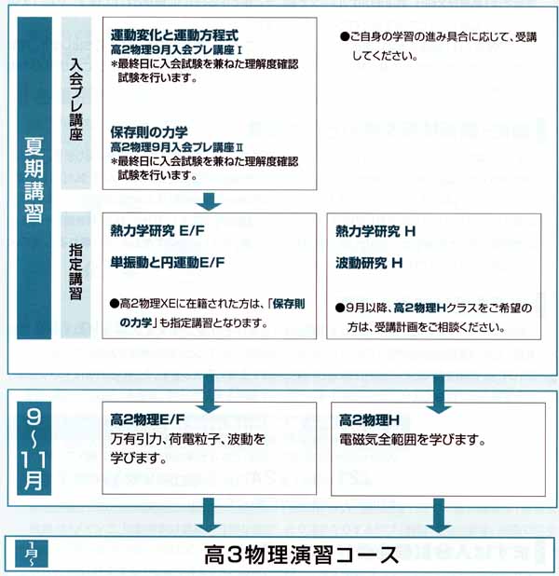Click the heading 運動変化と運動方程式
[174, 35]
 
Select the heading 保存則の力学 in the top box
[149, 132]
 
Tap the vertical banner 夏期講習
[34, 180]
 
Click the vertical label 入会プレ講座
[76, 100]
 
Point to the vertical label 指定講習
[76, 271]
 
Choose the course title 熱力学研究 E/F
[157, 231]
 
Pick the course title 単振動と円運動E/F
[167, 262]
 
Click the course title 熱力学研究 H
[375, 231]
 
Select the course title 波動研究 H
[369, 263]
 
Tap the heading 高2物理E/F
[147, 419]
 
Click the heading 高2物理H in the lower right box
[369, 419]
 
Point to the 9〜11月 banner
[34, 448]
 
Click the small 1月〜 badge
[32, 554]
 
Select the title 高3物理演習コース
[301, 555]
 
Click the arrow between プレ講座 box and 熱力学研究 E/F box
[209, 201]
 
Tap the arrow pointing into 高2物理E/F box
[209, 393]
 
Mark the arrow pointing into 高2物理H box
[439, 394]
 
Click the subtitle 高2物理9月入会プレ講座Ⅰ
[176, 50]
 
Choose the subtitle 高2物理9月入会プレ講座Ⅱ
[177, 147]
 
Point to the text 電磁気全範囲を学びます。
[412, 439]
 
